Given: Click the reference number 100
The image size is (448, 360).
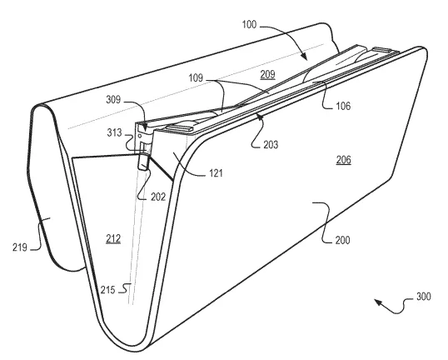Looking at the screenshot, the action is [249, 25].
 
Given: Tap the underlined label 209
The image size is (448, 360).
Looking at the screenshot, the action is [267, 74].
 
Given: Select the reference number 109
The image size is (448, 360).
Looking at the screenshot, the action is [196, 77].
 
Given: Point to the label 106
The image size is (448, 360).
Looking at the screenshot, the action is [343, 106].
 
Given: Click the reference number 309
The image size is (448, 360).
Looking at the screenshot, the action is [113, 99].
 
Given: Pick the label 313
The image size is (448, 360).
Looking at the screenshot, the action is [114, 132].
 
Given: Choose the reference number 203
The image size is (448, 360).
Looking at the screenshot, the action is [271, 144].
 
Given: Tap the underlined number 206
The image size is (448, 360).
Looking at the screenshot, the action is [343, 159].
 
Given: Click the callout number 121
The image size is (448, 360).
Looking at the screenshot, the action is [216, 173].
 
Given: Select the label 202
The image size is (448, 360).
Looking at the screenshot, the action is [158, 197].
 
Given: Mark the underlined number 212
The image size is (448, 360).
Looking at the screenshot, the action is [113, 239].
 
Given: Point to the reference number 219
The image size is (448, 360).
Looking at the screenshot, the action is [20, 247].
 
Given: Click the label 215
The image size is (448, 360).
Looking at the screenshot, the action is [107, 290].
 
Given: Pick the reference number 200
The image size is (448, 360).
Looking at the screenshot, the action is [342, 240].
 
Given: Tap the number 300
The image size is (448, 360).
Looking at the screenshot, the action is [423, 296].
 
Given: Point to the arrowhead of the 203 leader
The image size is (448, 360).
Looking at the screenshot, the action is [259, 116].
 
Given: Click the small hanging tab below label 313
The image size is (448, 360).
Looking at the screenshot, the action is [143, 162].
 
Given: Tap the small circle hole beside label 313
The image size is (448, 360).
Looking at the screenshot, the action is [140, 136].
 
